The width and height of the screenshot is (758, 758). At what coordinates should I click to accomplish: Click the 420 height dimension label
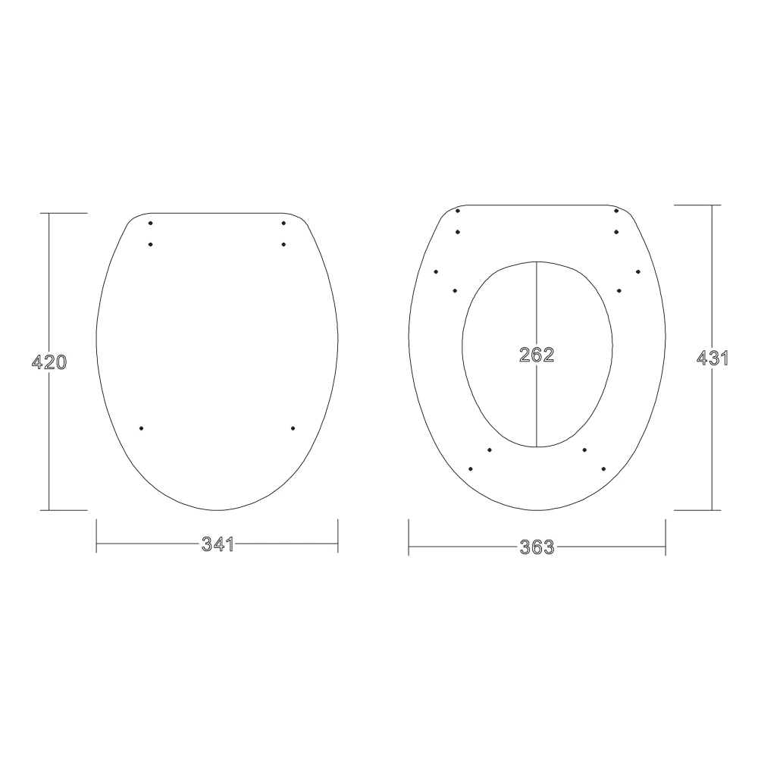(x=49, y=362)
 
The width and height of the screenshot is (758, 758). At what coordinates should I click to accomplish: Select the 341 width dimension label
(x=217, y=544)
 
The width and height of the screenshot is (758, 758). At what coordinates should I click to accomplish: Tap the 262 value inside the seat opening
(x=537, y=355)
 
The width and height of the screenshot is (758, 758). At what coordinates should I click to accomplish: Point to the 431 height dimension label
(x=712, y=359)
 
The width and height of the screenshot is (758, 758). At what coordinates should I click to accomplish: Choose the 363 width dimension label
(x=537, y=547)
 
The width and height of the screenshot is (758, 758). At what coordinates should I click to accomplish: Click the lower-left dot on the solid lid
(x=142, y=428)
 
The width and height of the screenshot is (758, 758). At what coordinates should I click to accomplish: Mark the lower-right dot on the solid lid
(x=293, y=428)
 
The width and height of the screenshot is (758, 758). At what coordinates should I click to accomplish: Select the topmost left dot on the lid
(x=151, y=223)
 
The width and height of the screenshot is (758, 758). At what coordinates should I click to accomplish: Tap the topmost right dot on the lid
(x=283, y=223)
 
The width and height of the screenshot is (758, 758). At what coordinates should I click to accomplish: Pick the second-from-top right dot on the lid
(x=283, y=244)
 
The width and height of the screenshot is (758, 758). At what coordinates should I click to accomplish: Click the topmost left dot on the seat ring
(x=458, y=211)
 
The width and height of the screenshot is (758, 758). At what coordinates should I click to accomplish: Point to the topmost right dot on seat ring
(x=616, y=211)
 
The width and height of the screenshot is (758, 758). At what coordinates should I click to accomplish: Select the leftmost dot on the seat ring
(x=436, y=271)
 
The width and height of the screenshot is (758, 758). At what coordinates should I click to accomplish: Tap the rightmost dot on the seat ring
(x=638, y=271)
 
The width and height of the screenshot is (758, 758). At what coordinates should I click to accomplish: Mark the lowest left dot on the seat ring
(x=471, y=469)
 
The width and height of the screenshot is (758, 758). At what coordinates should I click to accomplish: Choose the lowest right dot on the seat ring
(x=603, y=469)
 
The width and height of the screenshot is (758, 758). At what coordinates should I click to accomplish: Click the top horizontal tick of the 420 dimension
(x=67, y=214)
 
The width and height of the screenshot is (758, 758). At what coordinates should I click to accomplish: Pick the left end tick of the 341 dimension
(x=97, y=537)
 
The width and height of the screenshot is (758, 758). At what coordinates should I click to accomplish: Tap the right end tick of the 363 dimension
(x=666, y=537)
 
